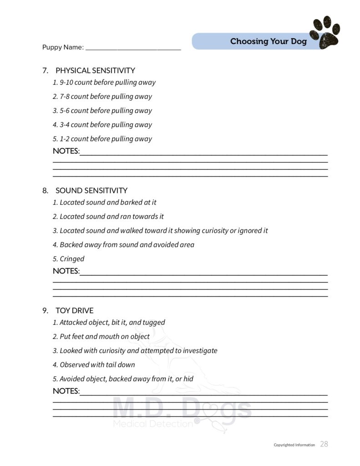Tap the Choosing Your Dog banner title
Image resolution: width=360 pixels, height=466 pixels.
pos(268,41)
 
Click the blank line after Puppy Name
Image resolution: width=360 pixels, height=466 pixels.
pos(133,48)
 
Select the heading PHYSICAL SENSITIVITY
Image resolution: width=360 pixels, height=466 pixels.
pos(95,71)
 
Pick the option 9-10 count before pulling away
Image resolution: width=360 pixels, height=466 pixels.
pos(104,83)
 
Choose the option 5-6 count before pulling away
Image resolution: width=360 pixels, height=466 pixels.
pos(102,111)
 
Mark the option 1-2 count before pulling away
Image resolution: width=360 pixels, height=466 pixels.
pos(102,139)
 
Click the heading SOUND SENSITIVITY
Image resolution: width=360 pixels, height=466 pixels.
pos(91,191)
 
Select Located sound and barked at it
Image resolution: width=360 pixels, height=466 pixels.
pos(105,203)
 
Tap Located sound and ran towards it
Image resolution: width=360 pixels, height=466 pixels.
pos(108,217)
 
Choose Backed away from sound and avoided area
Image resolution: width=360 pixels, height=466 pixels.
pos(123,245)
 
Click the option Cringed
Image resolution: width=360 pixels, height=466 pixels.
pos(69,259)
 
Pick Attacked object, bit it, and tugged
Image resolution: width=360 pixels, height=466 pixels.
pos(109,323)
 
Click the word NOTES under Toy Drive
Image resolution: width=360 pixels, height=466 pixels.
pos(66,391)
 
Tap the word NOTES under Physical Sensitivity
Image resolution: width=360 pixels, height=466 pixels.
pos(66,151)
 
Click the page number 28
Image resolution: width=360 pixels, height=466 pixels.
pos(324,444)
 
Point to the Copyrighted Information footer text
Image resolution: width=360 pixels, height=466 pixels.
pos(294,445)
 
